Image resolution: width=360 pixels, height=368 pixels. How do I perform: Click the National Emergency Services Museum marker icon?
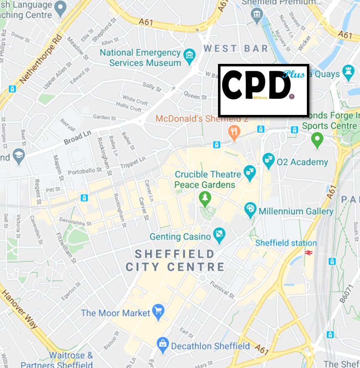click(190, 56)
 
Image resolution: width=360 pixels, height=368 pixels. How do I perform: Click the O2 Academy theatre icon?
click(269, 161)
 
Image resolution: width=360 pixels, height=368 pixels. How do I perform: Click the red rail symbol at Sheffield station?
click(308, 252)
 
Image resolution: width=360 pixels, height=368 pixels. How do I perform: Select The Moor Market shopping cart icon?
click(158, 312)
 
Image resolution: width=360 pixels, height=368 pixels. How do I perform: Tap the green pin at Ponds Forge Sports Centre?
click(317, 140)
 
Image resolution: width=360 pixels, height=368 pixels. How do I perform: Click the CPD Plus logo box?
click(263, 90)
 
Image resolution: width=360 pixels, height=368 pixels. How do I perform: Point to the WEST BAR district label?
click(235, 49)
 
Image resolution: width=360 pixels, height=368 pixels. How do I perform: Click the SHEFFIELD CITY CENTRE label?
click(175, 260)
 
